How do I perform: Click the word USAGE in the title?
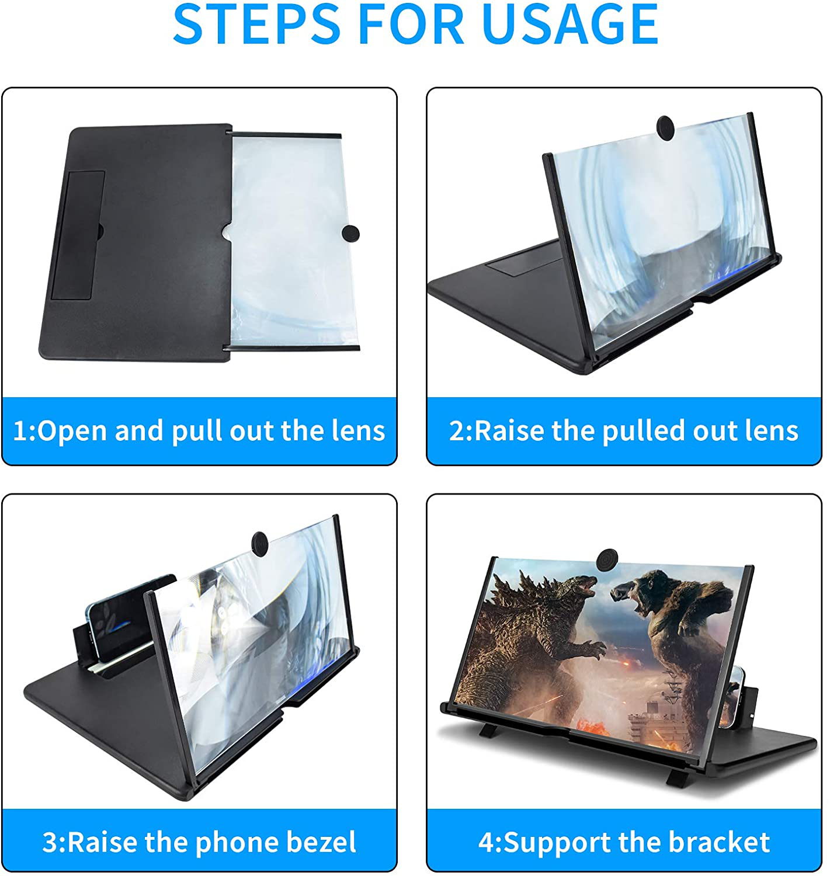569,23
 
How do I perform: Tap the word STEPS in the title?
257,23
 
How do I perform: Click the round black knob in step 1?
350,234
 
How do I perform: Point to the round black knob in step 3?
261,543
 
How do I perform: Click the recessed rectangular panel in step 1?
78,235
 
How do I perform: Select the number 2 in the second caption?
457,432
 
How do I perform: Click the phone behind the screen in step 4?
737,704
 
